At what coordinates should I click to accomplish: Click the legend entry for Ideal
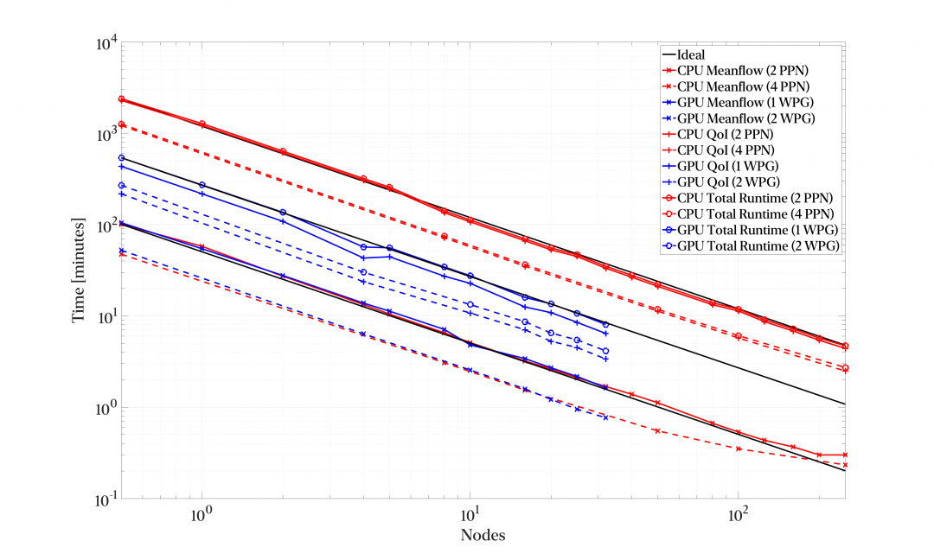[691, 54]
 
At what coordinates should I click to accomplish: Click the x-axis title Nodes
[483, 534]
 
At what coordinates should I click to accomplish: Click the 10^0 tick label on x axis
[202, 512]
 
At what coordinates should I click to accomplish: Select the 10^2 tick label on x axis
[738, 512]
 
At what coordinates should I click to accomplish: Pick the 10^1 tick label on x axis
[470, 512]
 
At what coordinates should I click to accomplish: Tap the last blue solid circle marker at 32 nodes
[605, 324]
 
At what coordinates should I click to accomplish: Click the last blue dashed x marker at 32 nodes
[605, 417]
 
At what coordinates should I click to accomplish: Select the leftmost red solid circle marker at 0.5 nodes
[121, 99]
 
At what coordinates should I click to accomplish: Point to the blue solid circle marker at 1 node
[202, 185]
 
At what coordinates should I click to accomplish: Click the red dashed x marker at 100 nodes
[738, 449]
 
